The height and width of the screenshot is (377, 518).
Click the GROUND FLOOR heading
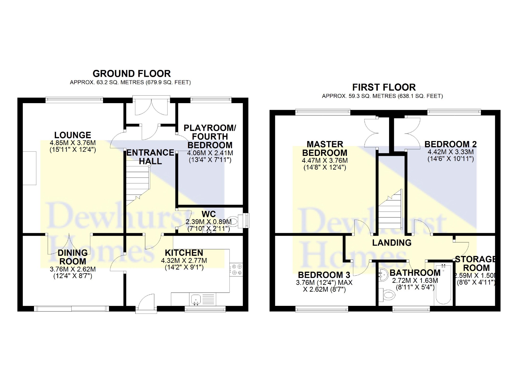[x=131, y=74]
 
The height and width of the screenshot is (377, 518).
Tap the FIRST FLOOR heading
[x=384, y=88]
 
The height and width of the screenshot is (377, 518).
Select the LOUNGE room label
[x=73, y=135]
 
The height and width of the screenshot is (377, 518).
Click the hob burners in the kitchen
[x=236, y=270]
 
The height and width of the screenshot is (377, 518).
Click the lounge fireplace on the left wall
[x=29, y=168]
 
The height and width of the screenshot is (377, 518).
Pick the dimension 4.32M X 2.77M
[x=184, y=261]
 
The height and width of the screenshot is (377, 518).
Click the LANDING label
[x=392, y=243]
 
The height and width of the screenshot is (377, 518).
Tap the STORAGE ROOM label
[x=476, y=264]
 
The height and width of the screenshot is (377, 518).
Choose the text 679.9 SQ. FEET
[x=167, y=83]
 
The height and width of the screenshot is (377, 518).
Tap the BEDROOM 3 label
[x=324, y=275]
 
